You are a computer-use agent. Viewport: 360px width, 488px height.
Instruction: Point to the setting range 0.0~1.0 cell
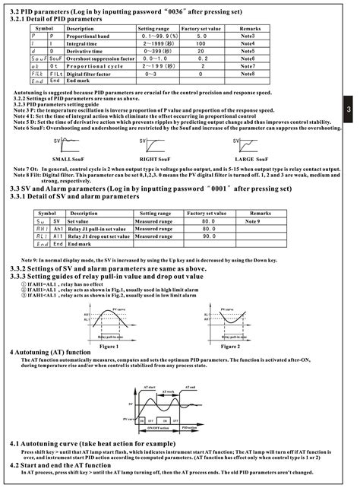(153, 58)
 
